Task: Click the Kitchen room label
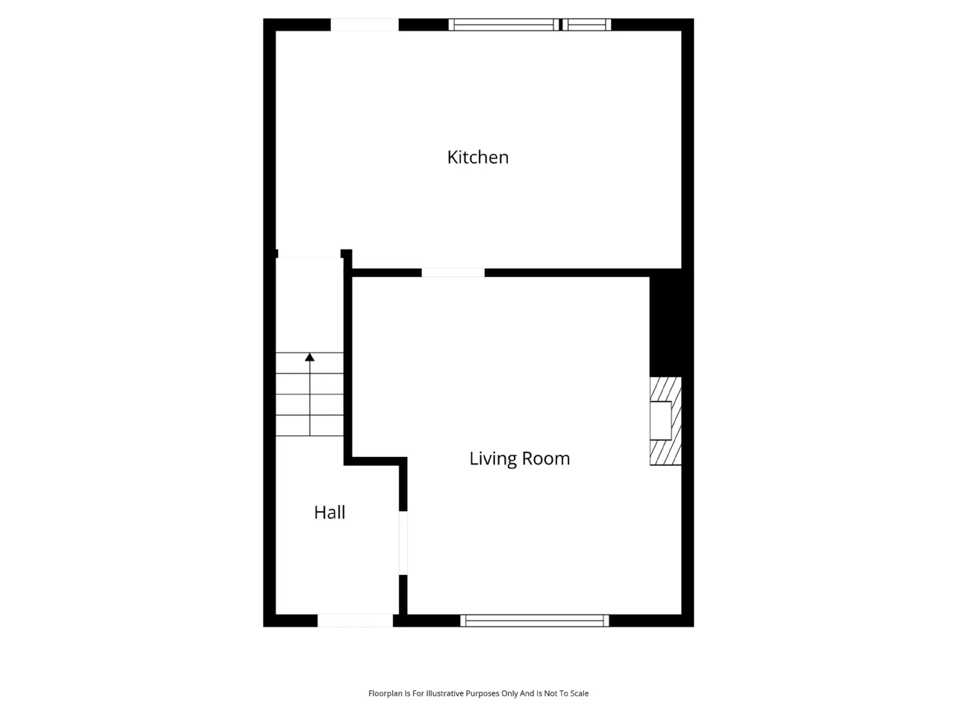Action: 477,157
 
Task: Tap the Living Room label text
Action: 519,459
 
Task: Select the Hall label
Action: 329,512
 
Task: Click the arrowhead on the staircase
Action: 310,357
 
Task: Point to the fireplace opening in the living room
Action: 660,420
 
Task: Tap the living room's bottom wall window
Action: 535,621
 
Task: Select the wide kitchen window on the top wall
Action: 503,25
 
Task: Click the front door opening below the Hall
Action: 355,621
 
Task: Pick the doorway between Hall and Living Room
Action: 403,543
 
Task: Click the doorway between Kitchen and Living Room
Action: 453,273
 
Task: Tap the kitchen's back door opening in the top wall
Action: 364,25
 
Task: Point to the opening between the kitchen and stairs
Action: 309,254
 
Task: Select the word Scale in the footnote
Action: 578,694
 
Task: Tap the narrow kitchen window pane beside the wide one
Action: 586,25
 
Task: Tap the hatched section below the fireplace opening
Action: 665,453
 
